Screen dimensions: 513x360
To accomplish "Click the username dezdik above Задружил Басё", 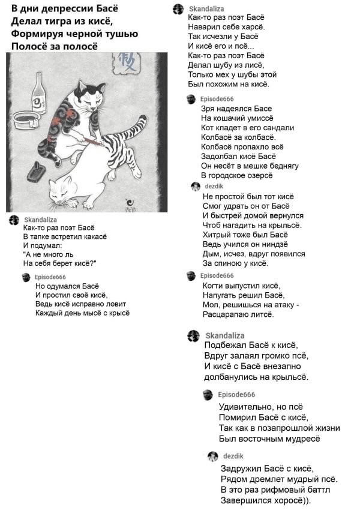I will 233,457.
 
